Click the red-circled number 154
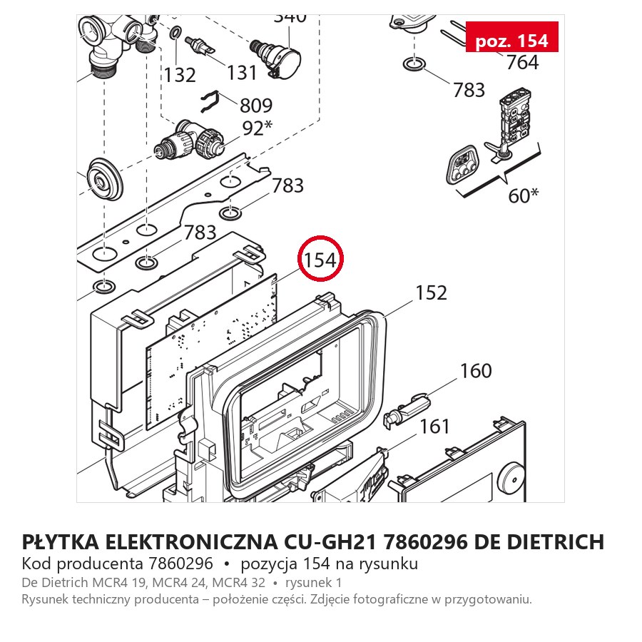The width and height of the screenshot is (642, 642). pos(320,260)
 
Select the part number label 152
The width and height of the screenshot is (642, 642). pos(431,293)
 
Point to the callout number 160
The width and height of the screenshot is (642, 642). pos(476,371)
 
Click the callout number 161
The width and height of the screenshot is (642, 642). pos(435,427)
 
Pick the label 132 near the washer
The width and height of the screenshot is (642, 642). pos(180,76)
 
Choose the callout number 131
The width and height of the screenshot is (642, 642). pos(242,73)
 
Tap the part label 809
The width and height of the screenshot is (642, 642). pos(256,106)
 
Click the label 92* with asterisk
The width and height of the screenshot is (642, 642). pos(257,128)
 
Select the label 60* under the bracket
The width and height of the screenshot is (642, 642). pos(524,195)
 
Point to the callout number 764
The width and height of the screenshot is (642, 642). pos(522,62)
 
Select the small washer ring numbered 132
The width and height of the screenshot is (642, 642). pos(176,31)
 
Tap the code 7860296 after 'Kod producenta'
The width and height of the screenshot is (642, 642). pos(180,564)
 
